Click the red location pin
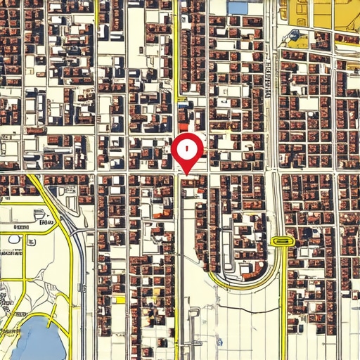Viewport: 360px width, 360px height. point(188,150)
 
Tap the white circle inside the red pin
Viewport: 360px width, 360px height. point(188,148)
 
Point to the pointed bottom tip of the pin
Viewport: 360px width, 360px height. point(188,172)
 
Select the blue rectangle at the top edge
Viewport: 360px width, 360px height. point(238,7)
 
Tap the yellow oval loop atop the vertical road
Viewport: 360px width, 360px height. point(281,241)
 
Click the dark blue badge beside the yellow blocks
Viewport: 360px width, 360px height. point(294,34)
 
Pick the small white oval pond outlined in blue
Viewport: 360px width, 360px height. point(14,239)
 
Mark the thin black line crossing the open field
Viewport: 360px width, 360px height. point(246,309)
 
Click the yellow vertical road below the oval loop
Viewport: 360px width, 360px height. point(283,302)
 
